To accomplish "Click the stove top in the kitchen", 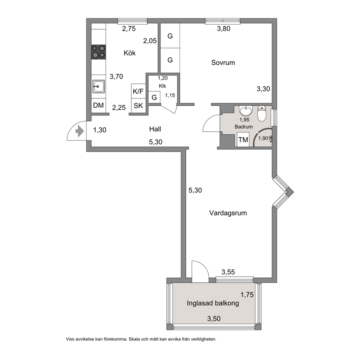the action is pyautogui.click(x=98, y=52).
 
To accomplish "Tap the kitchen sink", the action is pyautogui.click(x=99, y=86).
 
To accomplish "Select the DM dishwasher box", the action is pyautogui.click(x=98, y=105).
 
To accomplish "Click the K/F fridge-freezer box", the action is pyautogui.click(x=138, y=91).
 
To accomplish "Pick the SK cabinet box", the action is pyautogui.click(x=138, y=106).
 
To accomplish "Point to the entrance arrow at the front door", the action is pyautogui.click(x=79, y=131).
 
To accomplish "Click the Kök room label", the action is pyautogui.click(x=130, y=53).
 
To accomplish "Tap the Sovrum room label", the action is pyautogui.click(x=223, y=63).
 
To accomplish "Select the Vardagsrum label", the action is pyautogui.click(x=228, y=213).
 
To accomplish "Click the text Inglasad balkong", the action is pyautogui.click(x=213, y=303).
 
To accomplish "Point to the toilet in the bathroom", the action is pyautogui.click(x=262, y=113).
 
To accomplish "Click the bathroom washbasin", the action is pyautogui.click(x=246, y=110).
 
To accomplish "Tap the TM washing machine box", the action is pyautogui.click(x=243, y=140).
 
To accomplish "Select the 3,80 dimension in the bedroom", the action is pyautogui.click(x=224, y=29).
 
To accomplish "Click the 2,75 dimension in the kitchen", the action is pyautogui.click(x=129, y=29).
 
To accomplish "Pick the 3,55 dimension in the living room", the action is pyautogui.click(x=228, y=272).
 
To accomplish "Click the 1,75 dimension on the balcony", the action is pyautogui.click(x=247, y=295).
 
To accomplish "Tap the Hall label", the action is pyautogui.click(x=155, y=129).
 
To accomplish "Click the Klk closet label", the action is pyautogui.click(x=163, y=86).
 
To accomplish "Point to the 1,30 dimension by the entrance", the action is pyautogui.click(x=100, y=130).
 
